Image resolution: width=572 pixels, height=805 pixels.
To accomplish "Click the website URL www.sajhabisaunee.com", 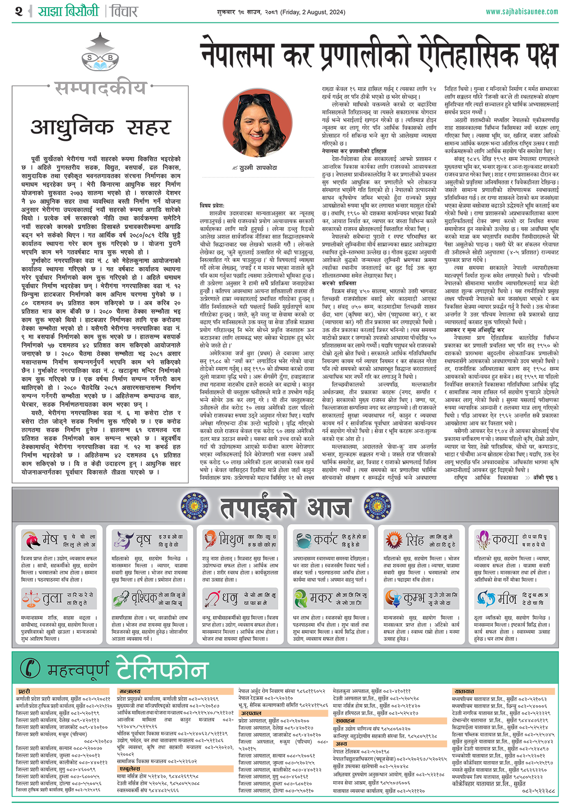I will click(x=521, y=11).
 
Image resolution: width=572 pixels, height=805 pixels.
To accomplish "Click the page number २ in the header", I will click(x=19, y=11).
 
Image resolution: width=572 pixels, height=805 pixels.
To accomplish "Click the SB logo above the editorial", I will click(x=100, y=55).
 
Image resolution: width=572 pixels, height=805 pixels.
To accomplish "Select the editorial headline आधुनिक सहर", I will click(x=101, y=128).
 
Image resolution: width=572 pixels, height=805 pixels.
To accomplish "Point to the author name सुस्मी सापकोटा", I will click(x=258, y=168).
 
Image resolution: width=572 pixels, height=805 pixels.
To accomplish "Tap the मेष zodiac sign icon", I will click(x=31, y=540).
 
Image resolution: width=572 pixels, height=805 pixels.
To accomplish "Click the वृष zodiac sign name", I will click(x=143, y=540).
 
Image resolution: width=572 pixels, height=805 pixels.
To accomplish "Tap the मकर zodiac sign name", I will click(x=321, y=598).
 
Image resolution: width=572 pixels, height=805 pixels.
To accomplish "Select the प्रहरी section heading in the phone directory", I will click(x=24, y=691).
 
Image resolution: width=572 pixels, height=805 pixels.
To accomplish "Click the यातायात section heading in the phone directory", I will click(x=464, y=691).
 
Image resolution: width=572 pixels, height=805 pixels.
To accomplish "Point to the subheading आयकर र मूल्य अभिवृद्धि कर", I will click(x=474, y=330).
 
